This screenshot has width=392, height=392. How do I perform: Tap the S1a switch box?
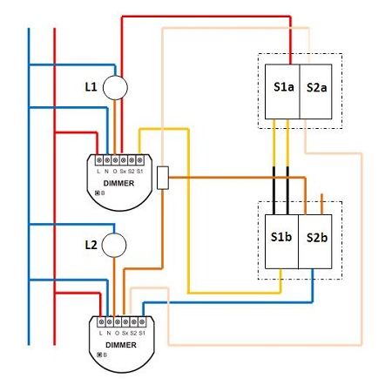tap(282, 91)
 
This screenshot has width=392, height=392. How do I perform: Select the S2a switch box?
tap(315, 91)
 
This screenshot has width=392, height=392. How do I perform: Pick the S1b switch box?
tap(281, 241)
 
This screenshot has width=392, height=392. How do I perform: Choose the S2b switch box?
tap(315, 241)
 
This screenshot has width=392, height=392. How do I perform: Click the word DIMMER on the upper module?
tap(118, 183)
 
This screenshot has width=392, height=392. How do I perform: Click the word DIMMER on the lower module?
tap(121, 345)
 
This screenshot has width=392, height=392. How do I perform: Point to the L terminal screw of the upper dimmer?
tap(99, 160)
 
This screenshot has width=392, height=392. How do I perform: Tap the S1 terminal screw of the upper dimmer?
tap(140, 160)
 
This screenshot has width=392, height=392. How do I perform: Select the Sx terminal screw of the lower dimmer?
tap(125, 321)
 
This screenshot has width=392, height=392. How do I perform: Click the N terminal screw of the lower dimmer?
tap(109, 321)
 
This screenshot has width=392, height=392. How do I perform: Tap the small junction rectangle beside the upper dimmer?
tap(163, 178)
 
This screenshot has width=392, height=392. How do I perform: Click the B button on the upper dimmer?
tap(98, 193)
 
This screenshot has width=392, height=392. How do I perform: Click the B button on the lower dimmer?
tap(99, 355)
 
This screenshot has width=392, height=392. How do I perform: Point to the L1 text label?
tap(91, 87)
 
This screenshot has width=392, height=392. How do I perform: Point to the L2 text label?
tap(91, 245)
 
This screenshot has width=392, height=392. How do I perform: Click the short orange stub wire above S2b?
tap(321, 204)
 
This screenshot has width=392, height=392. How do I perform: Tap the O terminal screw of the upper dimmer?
tap(115, 160)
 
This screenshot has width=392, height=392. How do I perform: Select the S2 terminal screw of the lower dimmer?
tap(133, 321)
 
